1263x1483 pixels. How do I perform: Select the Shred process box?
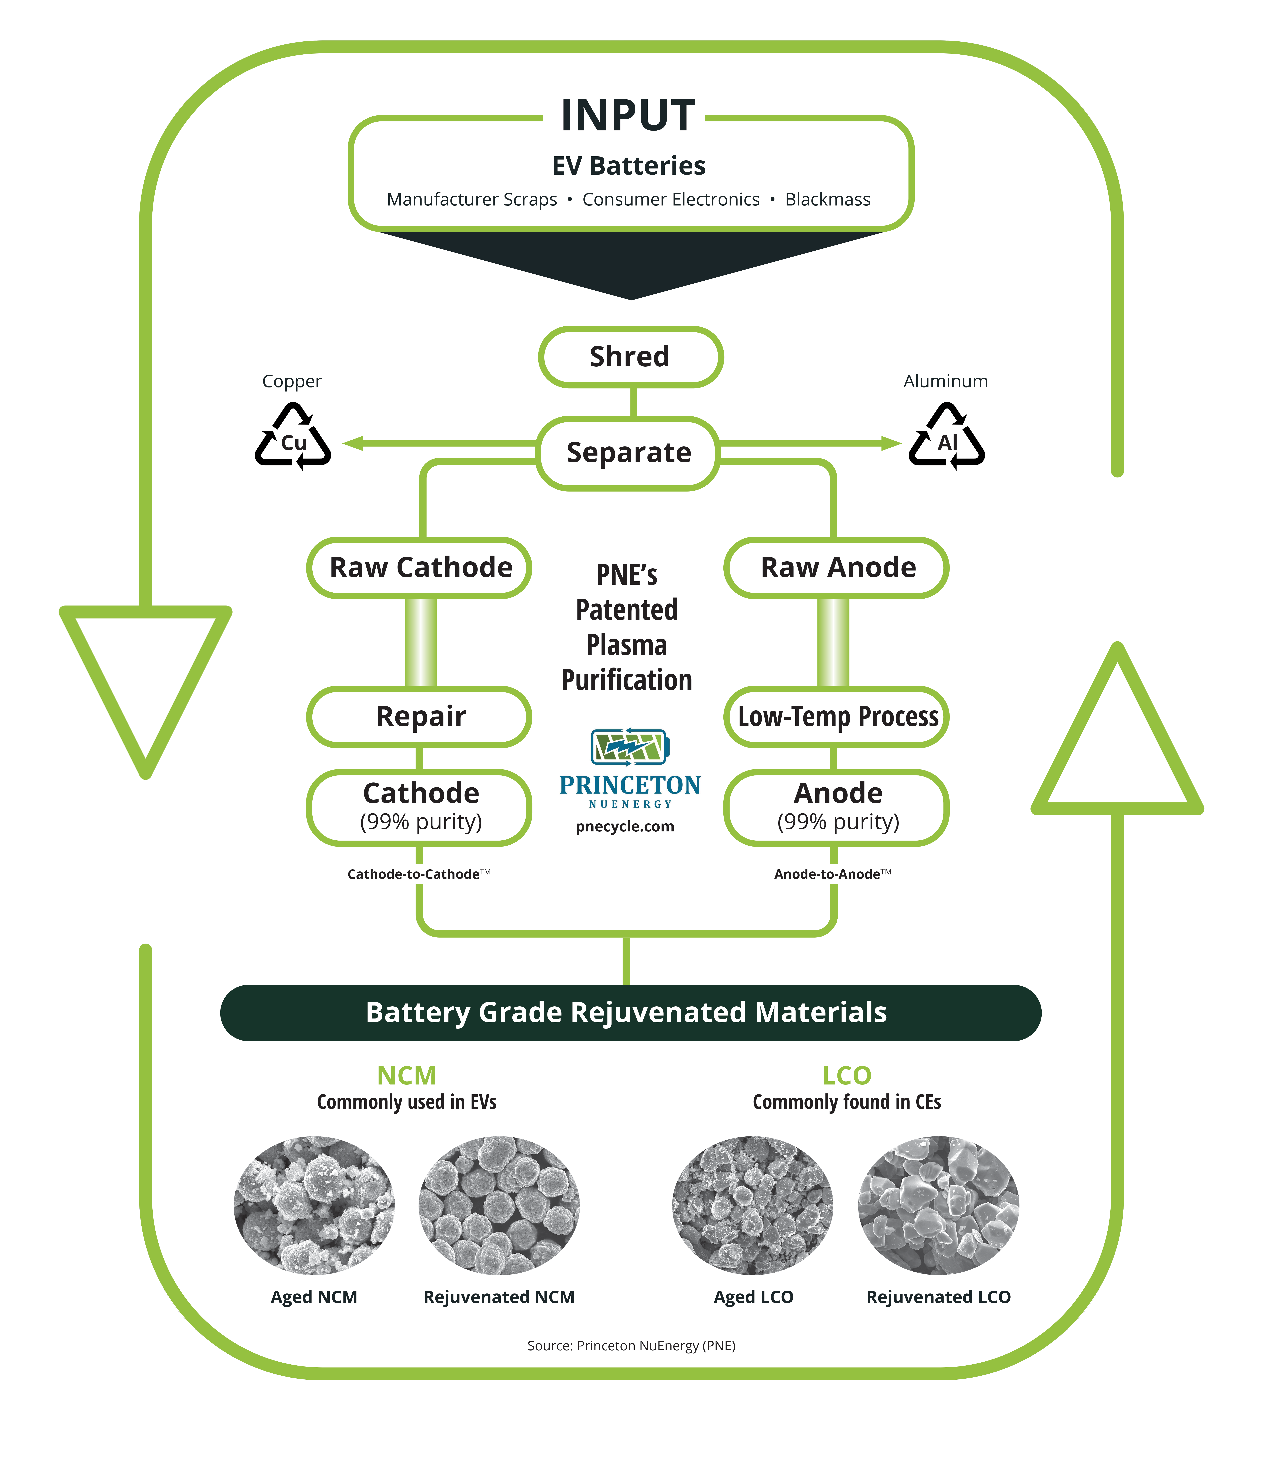click(x=630, y=356)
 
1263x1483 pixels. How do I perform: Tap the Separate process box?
click(x=628, y=452)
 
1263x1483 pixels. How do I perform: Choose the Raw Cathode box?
click(x=420, y=568)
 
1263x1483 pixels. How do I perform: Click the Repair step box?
click(x=420, y=716)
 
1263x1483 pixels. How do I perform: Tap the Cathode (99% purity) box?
click(x=420, y=807)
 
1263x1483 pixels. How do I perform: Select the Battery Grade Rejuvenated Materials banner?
click(x=630, y=1012)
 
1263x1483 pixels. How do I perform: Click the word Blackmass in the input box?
click(x=827, y=200)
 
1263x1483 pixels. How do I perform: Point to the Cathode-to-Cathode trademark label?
click(x=418, y=874)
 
